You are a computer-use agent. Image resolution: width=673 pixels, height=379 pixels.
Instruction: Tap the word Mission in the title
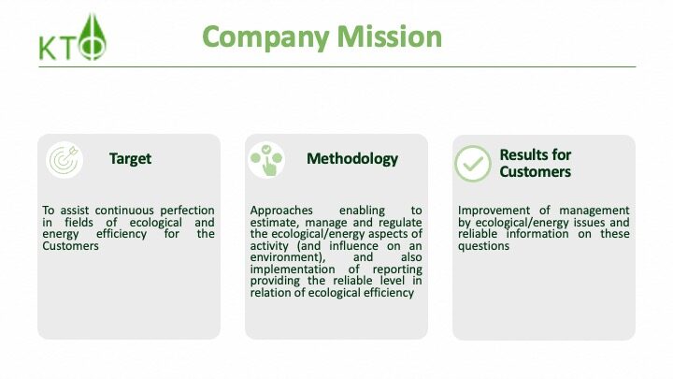pyautogui.click(x=389, y=36)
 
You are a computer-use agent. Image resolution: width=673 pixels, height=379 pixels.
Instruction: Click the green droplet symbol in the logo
pyautogui.click(x=93, y=36)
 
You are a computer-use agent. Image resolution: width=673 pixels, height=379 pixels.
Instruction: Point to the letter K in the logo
pyautogui.click(x=48, y=49)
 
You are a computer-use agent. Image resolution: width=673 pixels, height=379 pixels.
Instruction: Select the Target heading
pyautogui.click(x=130, y=159)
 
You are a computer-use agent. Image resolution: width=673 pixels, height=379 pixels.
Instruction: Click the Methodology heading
pyautogui.click(x=352, y=159)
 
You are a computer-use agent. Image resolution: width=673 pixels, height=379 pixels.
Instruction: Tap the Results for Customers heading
pyautogui.click(x=536, y=163)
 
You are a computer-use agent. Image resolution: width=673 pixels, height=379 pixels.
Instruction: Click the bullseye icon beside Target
pyautogui.click(x=64, y=159)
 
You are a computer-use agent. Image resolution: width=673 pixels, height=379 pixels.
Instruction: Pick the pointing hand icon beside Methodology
pyautogui.click(x=266, y=160)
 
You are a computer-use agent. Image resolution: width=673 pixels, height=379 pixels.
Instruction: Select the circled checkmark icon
pyautogui.click(x=473, y=164)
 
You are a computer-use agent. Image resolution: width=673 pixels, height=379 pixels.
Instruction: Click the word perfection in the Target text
pyautogui.click(x=187, y=211)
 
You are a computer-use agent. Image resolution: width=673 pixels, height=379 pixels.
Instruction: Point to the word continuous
pyautogui.click(x=124, y=211)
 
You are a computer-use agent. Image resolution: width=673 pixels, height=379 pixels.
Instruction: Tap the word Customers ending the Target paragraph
pyautogui.click(x=70, y=246)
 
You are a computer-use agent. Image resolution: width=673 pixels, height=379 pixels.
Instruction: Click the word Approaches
pyautogui.click(x=281, y=211)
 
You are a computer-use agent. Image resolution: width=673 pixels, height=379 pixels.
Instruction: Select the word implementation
pyautogui.click(x=293, y=270)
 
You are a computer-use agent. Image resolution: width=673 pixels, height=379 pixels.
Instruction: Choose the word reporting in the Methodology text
pyautogui.click(x=397, y=270)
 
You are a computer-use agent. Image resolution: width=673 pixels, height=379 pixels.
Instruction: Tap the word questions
pyautogui.click(x=484, y=246)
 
